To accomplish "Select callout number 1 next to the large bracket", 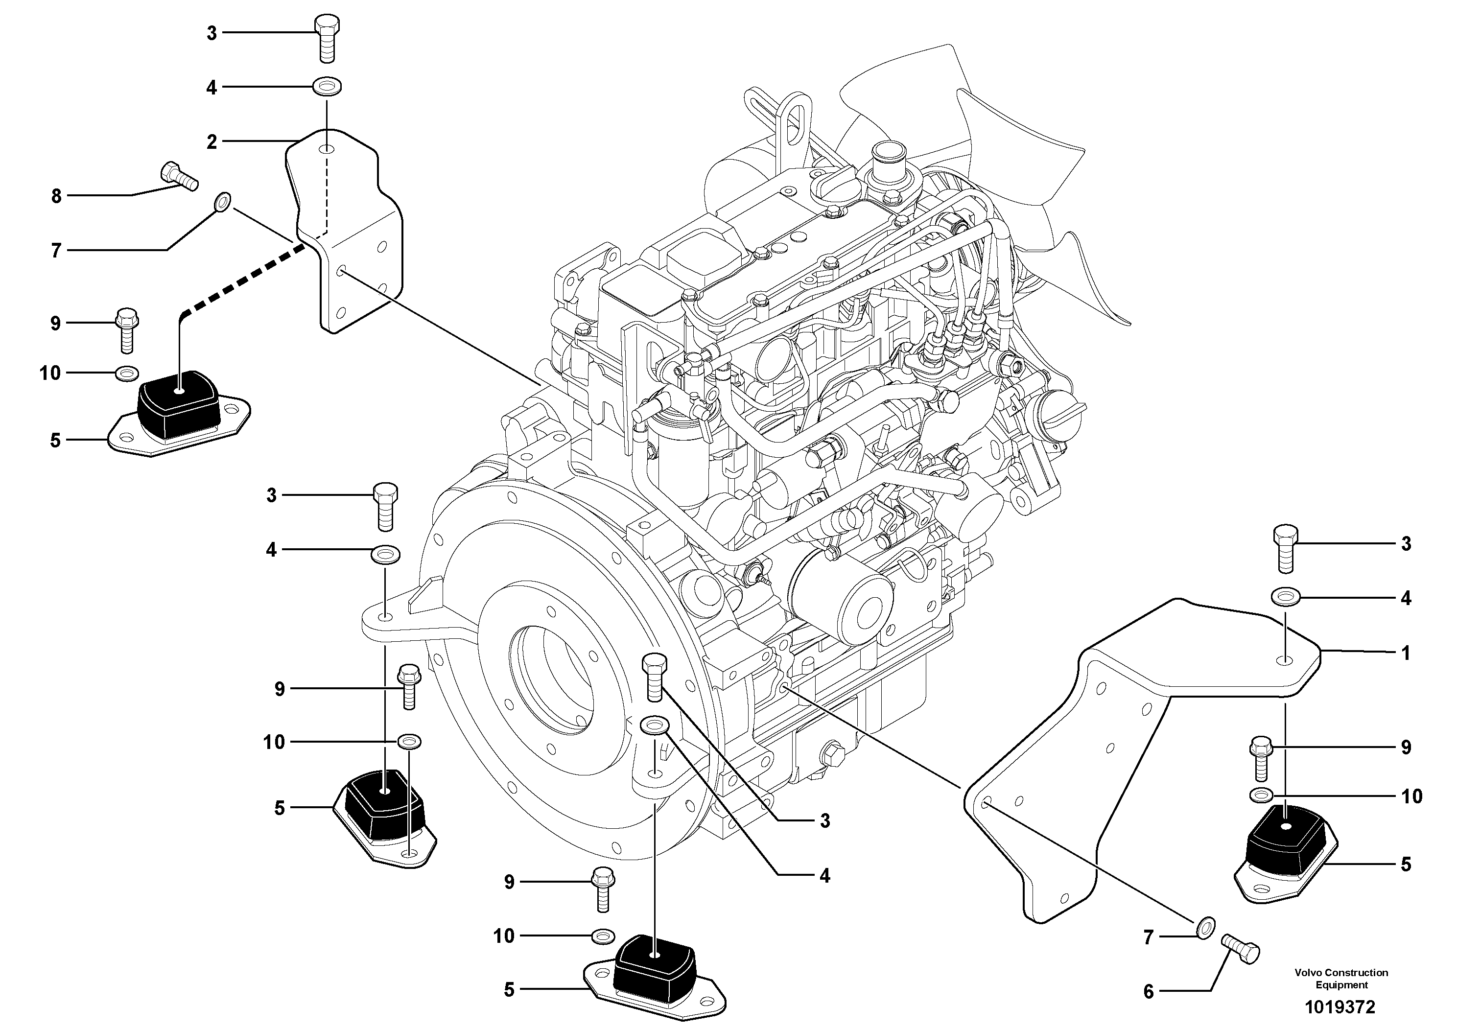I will (x=1406, y=653).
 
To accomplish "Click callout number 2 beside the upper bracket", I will (x=211, y=141).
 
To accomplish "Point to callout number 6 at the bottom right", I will (x=1149, y=992).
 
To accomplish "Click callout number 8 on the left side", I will (x=56, y=196).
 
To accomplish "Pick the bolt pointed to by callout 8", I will (x=180, y=176).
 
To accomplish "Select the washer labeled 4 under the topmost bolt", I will (x=327, y=85).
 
